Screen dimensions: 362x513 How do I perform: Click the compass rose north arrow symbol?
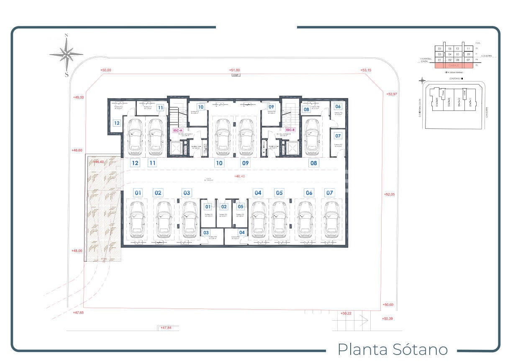pyautogui.click(x=66, y=54)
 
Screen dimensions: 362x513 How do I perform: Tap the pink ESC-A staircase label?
pyautogui.click(x=178, y=130)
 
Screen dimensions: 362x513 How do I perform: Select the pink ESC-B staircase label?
pyautogui.click(x=290, y=130)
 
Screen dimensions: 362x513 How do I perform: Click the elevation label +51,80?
pyautogui.click(x=234, y=70)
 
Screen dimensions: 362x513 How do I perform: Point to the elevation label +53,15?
pyautogui.click(x=366, y=70)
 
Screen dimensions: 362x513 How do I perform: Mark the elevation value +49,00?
pyautogui.click(x=78, y=97)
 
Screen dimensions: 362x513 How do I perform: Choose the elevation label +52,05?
pyautogui.click(x=389, y=194)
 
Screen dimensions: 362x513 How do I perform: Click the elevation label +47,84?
pyautogui.click(x=166, y=328)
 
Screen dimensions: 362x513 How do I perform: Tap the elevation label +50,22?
pyautogui.click(x=346, y=313)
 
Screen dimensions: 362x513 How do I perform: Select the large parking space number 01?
pyautogui.click(x=138, y=193)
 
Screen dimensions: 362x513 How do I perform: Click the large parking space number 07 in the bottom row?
pyautogui.click(x=330, y=193)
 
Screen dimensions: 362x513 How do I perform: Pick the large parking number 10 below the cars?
pyautogui.click(x=219, y=163)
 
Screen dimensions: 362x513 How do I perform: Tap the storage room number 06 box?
pyautogui.click(x=338, y=107)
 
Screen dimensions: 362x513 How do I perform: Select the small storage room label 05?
pyautogui.click(x=240, y=206)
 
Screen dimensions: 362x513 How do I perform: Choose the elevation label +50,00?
pyautogui.click(x=106, y=70)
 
